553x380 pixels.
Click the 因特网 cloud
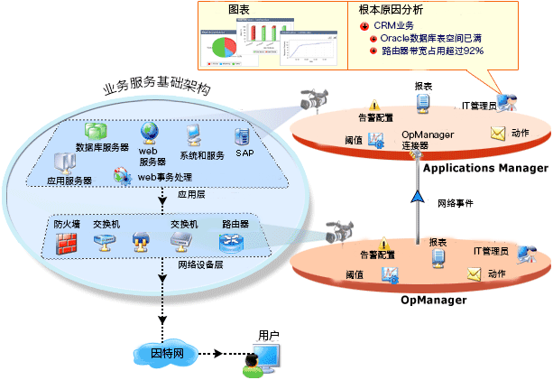(163, 352)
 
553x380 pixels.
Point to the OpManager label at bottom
(433, 299)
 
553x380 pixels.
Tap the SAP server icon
(242, 136)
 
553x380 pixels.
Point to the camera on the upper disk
(317, 98)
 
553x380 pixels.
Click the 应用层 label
(191, 193)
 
